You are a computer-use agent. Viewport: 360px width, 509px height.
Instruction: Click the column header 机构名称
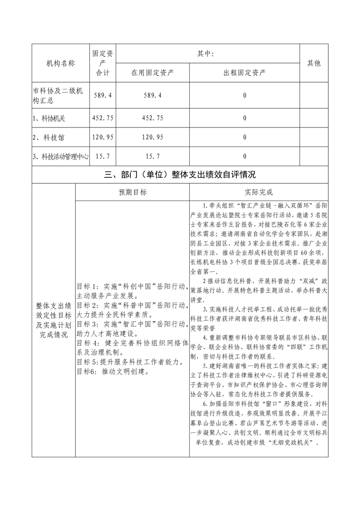(x=61, y=63)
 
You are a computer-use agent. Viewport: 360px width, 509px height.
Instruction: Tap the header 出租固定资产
(x=245, y=72)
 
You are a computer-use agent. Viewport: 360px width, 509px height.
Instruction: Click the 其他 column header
(x=314, y=63)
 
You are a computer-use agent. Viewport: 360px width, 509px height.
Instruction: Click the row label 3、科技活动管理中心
(x=61, y=157)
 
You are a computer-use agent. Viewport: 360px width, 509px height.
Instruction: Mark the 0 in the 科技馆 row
(x=245, y=137)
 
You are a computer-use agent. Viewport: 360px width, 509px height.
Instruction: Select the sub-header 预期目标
(x=132, y=192)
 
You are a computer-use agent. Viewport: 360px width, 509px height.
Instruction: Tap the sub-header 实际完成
(x=258, y=192)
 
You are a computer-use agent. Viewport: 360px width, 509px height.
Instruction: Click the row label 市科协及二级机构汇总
(x=58, y=95)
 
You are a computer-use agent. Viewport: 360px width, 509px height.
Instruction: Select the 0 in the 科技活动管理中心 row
(x=245, y=157)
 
